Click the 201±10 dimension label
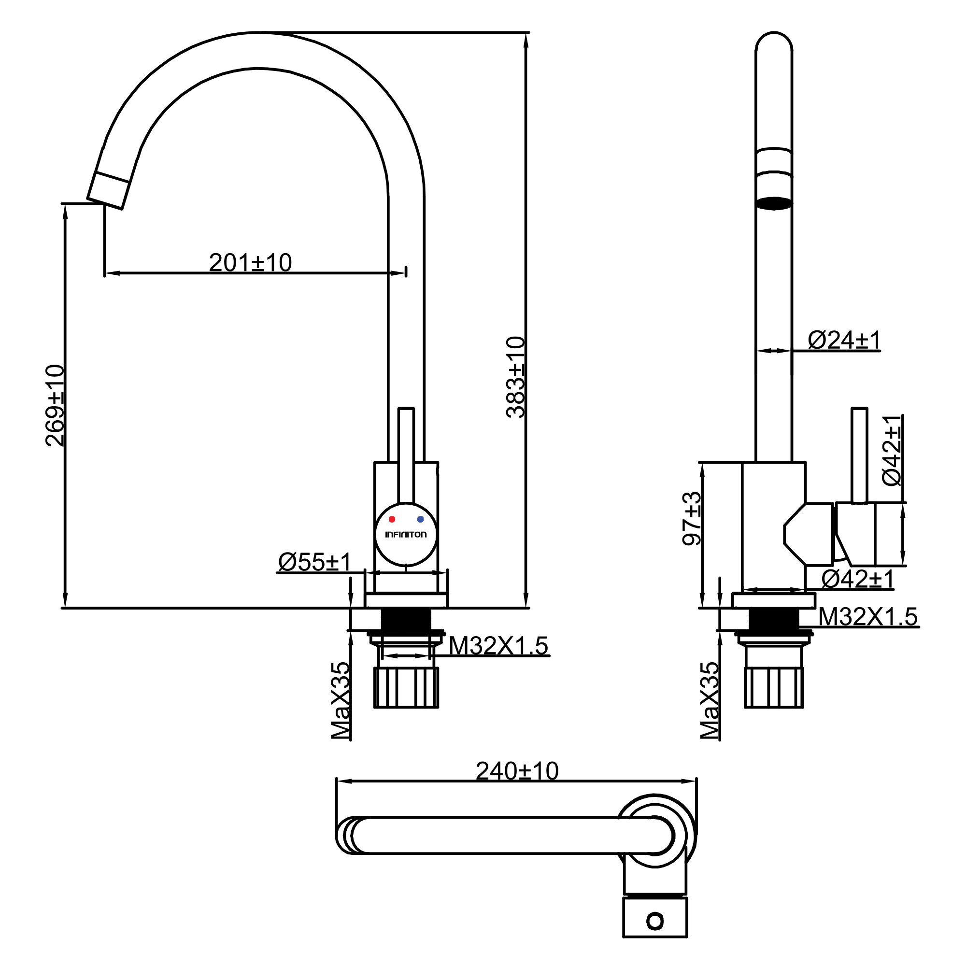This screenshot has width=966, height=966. pyautogui.click(x=250, y=262)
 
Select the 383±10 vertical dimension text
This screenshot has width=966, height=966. pyautogui.click(x=515, y=377)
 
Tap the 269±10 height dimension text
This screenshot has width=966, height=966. pyautogui.click(x=55, y=406)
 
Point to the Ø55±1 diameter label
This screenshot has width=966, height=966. pyautogui.click(x=314, y=562)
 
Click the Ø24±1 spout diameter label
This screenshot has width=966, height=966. pyautogui.click(x=843, y=341)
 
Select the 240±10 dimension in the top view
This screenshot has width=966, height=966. pyautogui.click(x=517, y=771)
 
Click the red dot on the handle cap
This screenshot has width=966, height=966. pyautogui.click(x=392, y=520)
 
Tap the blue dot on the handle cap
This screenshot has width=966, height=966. pyautogui.click(x=420, y=520)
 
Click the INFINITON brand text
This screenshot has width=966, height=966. pyautogui.click(x=406, y=535)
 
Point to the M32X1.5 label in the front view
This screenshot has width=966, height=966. pyautogui.click(x=498, y=645)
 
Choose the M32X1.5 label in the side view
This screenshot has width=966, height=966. pyautogui.click(x=868, y=616)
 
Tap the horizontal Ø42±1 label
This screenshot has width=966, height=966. pyautogui.click(x=857, y=580)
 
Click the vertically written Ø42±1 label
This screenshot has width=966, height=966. pyautogui.click(x=892, y=450)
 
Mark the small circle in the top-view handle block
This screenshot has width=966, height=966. pyautogui.click(x=654, y=921)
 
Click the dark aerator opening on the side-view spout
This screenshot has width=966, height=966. pyautogui.click(x=773, y=203)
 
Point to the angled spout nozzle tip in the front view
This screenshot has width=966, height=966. pyautogui.click(x=109, y=190)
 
